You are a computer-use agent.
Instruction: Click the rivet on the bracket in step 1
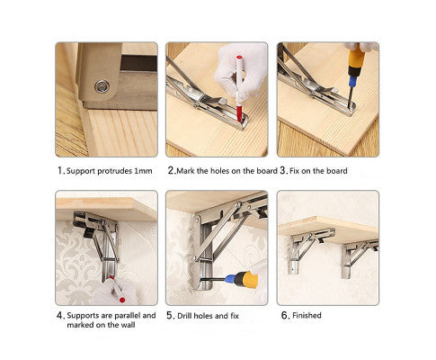click(102, 86)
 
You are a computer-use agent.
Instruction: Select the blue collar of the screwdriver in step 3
click(352, 81)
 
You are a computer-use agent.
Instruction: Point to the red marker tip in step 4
click(122, 300)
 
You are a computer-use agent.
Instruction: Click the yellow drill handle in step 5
click(247, 280)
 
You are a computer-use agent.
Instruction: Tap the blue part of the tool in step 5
click(229, 279)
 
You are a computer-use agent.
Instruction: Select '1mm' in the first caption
click(143, 171)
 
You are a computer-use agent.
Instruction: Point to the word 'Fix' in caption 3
click(295, 171)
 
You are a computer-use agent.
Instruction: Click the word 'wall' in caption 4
click(128, 325)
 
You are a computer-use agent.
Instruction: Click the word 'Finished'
click(307, 315)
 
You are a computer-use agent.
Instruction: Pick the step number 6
click(285, 315)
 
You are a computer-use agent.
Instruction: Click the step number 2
click(171, 171)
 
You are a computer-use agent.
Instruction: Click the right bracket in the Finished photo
click(358, 257)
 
